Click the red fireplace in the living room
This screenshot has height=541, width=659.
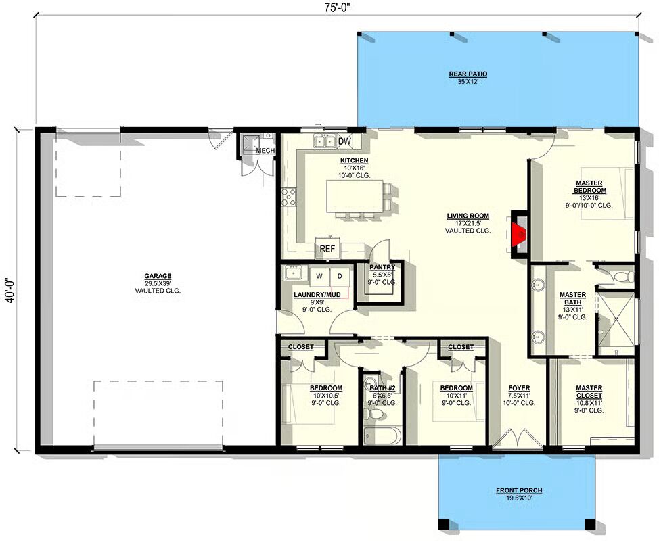point(518,236)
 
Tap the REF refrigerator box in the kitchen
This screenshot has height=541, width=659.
point(327,248)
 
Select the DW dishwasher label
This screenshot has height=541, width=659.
point(344,141)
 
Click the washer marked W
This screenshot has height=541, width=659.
point(319,277)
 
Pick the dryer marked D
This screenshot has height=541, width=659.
point(340,277)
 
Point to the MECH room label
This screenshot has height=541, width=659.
point(266,151)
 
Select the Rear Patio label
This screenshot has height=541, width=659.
point(468,74)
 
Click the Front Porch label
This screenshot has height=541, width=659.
point(519,490)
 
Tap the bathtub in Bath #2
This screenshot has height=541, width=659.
point(382,436)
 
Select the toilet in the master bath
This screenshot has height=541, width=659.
point(624,277)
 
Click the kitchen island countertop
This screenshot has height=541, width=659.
point(355,196)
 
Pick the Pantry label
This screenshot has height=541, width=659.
point(382,267)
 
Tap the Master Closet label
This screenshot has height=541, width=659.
point(589,392)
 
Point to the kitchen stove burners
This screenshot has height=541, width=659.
point(289,197)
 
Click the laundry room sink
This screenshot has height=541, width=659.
point(292,274)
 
